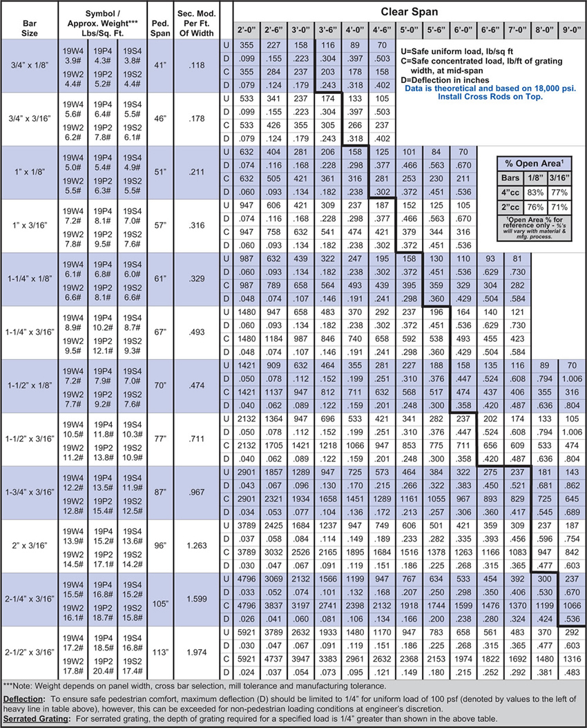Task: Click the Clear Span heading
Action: pos(410,12)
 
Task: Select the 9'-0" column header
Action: pos(571,31)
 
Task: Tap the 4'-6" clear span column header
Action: pos(381,31)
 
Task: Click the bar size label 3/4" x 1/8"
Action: pos(29,66)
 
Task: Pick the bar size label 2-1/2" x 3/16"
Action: pos(29,651)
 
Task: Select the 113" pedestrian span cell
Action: pos(160,651)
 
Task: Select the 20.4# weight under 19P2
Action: pos(103,671)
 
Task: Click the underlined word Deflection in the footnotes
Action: pos(25,699)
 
